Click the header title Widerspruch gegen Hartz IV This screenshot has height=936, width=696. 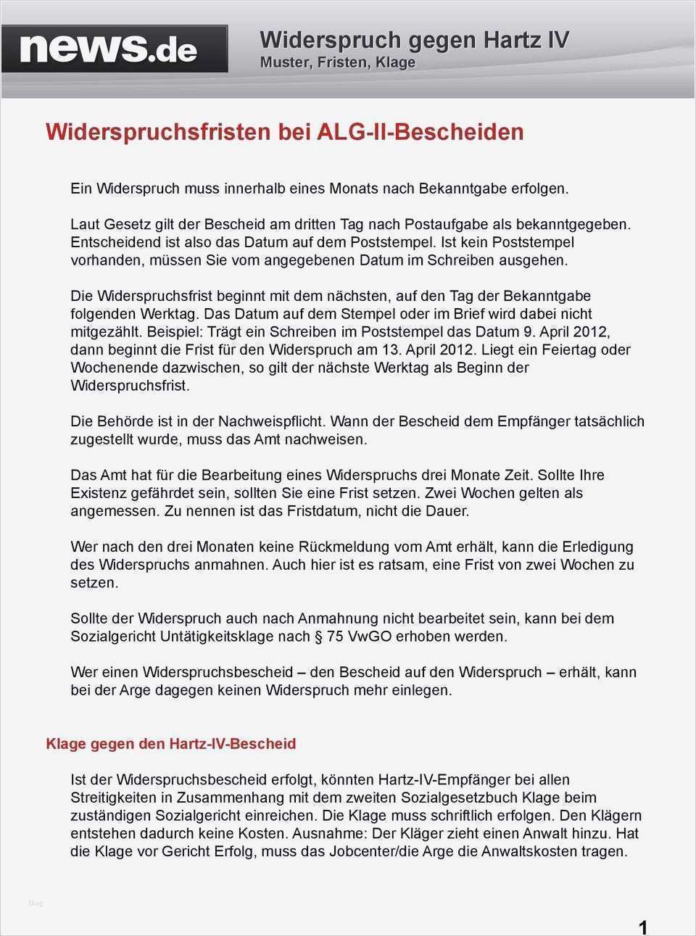(x=414, y=40)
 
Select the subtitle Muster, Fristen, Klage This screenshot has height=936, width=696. (x=337, y=63)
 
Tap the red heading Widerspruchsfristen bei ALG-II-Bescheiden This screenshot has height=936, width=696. (x=284, y=132)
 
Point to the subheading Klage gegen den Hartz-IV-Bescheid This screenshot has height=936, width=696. (x=170, y=744)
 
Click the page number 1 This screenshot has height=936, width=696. (x=642, y=927)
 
